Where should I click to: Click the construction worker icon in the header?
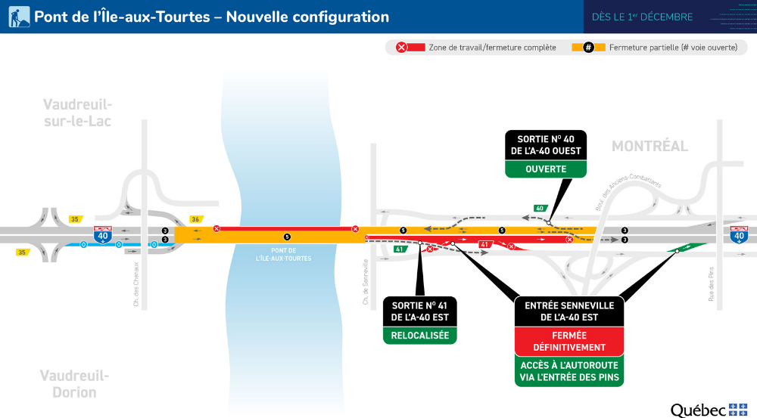(19, 17)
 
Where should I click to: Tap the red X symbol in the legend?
(402, 48)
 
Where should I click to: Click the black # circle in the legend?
(587, 48)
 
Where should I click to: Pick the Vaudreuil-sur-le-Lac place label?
(77, 113)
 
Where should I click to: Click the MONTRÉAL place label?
(650, 146)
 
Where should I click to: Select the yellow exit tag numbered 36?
(195, 219)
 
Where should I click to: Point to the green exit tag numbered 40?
(540, 208)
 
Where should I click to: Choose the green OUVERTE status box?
(546, 169)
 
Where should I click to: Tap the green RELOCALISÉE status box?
(419, 336)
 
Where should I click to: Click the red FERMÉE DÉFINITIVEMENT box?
(569, 342)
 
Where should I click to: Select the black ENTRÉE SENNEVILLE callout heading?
(569, 311)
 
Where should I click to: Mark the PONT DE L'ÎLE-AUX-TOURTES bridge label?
(283, 254)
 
